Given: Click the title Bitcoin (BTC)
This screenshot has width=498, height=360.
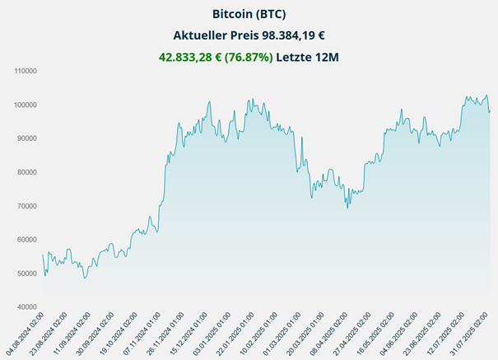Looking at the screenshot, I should pyautogui.click(x=249, y=14).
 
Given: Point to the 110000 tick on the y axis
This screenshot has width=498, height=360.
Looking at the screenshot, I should pyautogui.click(x=27, y=71).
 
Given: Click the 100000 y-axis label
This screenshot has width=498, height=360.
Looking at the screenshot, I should pyautogui.click(x=27, y=105).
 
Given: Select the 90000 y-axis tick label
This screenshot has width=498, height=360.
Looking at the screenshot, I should pyautogui.click(x=29, y=138).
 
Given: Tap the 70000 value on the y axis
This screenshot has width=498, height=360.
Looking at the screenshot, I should pyautogui.click(x=29, y=206).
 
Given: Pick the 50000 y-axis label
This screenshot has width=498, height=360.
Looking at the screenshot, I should pyautogui.click(x=29, y=274).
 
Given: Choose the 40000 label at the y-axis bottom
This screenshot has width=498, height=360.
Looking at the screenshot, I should pyautogui.click(x=29, y=307).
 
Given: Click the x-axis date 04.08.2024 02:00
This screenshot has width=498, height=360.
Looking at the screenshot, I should pyautogui.click(x=25, y=334).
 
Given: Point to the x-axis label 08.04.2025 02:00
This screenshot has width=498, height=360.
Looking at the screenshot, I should pyautogui.click(x=323, y=334).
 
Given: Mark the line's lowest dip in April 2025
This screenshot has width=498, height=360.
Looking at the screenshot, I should pyautogui.click(x=347, y=208).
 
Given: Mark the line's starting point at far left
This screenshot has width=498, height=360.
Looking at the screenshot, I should pyautogui.click(x=42, y=255).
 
